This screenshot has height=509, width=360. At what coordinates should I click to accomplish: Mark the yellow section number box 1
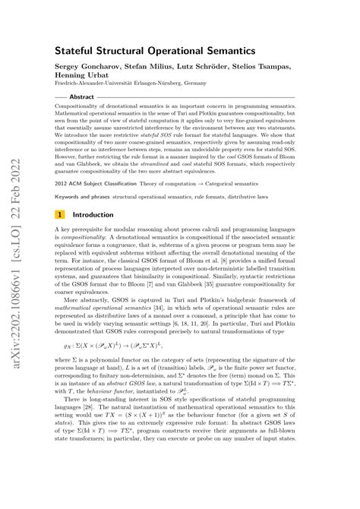(x=60, y=214)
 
